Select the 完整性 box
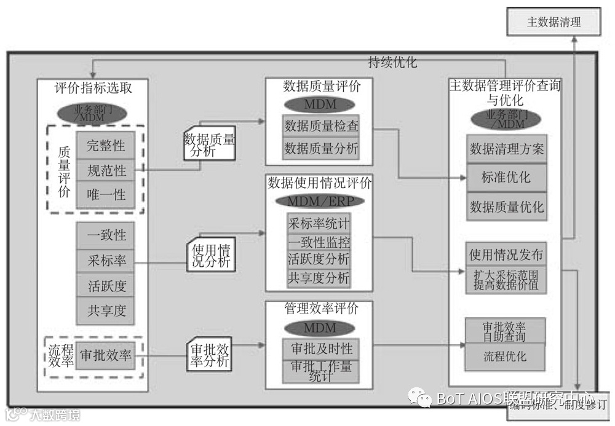click(x=106, y=146)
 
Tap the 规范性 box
click(x=106, y=170)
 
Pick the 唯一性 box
click(x=106, y=195)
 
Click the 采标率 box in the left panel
click(x=106, y=261)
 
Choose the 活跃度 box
click(x=106, y=286)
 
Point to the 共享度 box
click(x=106, y=311)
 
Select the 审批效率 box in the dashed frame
click(x=106, y=355)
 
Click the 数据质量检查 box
click(x=321, y=127)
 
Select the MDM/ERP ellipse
click(x=319, y=201)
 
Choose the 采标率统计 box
click(x=319, y=223)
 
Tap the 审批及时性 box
click(x=321, y=349)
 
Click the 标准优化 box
click(x=506, y=178)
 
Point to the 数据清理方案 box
click(x=506, y=149)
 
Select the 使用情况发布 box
click(x=506, y=254)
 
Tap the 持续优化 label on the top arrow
click(x=392, y=61)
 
